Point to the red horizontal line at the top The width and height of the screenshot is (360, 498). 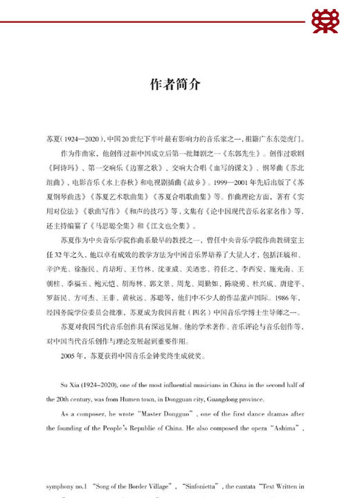tap(152, 21)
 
